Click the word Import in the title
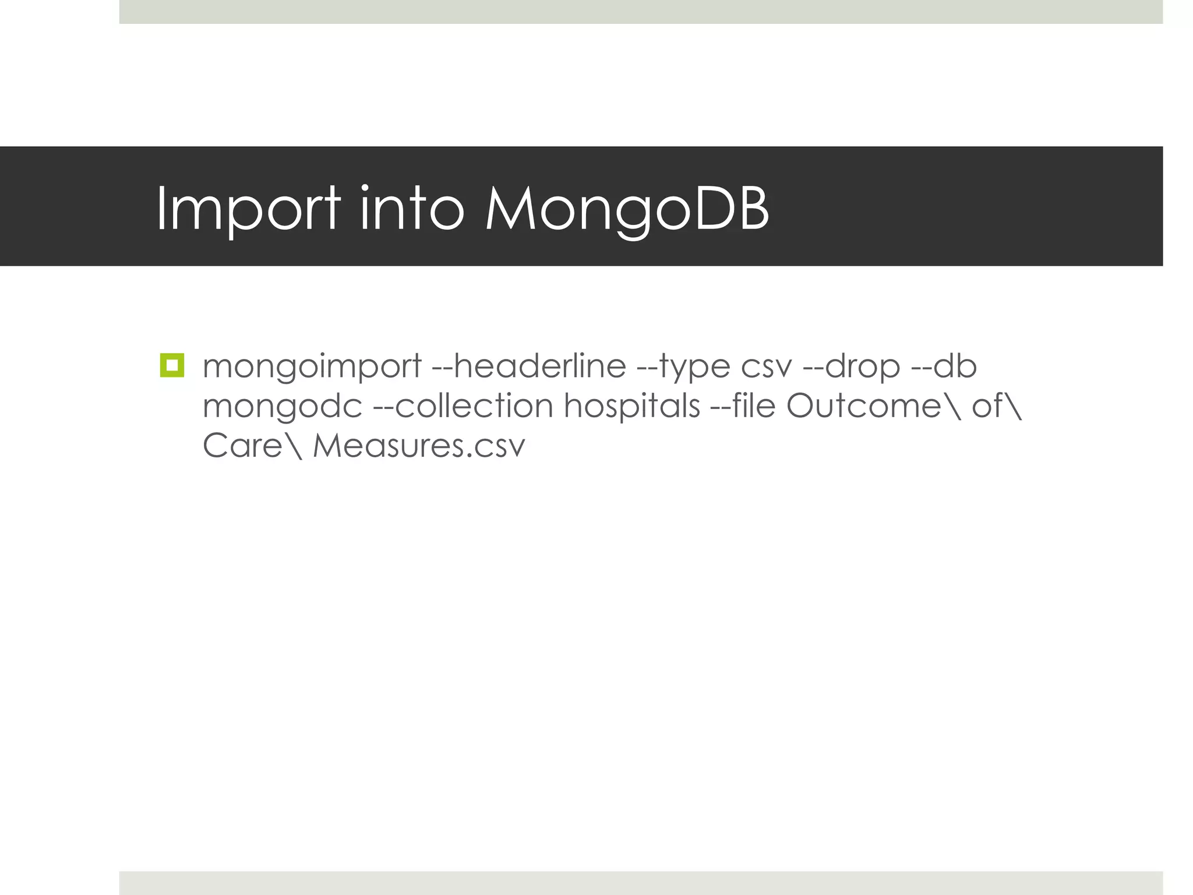tap(248, 208)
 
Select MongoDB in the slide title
tap(627, 208)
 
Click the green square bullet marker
tap(172, 365)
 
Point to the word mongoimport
tap(312, 367)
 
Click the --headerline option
tap(529, 366)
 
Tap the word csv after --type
tap(767, 367)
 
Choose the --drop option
tap(852, 367)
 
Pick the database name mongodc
tap(283, 407)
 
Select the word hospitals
tap(632, 407)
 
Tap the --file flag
tap(743, 406)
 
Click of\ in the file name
tap(996, 406)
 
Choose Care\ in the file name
tap(252, 446)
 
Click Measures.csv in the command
tap(419, 446)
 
